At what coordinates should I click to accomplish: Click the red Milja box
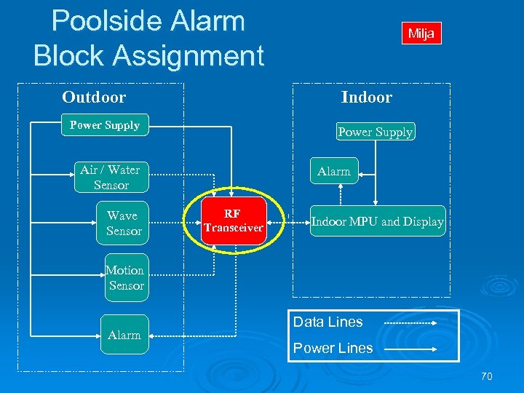421,33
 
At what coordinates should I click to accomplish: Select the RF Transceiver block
233,221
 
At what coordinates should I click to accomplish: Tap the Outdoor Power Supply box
105,125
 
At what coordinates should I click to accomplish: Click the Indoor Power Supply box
376,132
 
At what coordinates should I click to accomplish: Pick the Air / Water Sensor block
110,178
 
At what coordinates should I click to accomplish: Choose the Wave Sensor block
122,223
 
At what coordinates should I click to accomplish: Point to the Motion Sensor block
126,277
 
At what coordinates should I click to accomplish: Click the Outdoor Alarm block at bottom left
124,335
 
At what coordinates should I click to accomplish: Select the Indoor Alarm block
334,172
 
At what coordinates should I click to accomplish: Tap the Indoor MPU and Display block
377,222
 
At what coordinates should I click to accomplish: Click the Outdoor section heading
94,98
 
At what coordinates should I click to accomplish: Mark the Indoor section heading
366,98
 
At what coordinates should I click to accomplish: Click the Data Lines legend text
327,322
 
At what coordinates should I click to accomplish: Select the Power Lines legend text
333,348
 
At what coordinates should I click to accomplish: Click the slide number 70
486,377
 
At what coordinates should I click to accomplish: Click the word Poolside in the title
148,21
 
